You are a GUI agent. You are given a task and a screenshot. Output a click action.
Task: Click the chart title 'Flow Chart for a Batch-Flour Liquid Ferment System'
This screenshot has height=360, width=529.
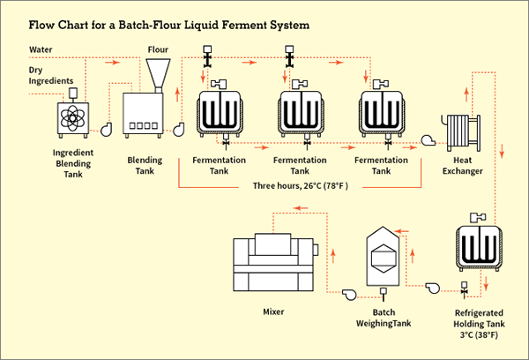point(168,24)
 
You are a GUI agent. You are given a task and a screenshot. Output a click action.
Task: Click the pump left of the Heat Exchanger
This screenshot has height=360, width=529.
point(428,139)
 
